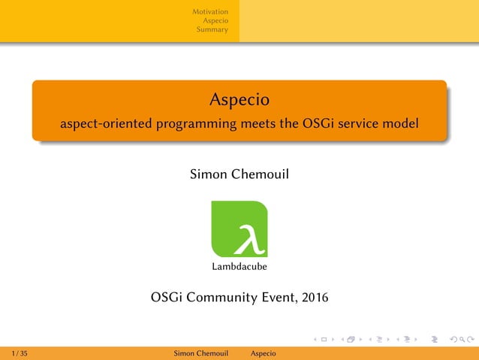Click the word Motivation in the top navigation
click(210, 11)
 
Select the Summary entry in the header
click(212, 30)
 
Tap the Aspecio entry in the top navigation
click(215, 21)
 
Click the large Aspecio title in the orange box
click(239, 98)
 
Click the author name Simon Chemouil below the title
click(239, 175)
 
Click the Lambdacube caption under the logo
click(239, 266)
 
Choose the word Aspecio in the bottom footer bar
click(263, 353)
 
